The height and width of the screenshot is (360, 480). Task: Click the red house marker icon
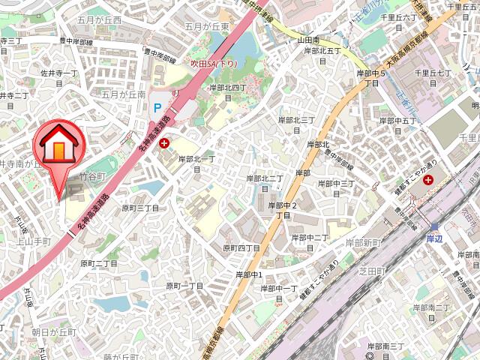click(58, 144)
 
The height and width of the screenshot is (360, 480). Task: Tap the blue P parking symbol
click(157, 108)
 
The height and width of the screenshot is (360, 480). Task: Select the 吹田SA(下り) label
click(213, 64)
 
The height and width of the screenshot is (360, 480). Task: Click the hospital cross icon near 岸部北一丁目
click(164, 142)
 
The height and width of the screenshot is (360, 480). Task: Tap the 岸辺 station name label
click(435, 238)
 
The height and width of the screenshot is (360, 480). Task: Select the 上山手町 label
click(33, 241)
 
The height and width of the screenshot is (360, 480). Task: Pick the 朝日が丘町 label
click(54, 331)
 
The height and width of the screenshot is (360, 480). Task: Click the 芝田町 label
click(372, 269)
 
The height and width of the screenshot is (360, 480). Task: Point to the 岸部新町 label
click(364, 241)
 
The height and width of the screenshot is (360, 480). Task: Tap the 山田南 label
click(308, 39)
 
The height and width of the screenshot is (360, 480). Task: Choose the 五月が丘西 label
click(99, 20)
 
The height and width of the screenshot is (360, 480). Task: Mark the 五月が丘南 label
click(123, 94)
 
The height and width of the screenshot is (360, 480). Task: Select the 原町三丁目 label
click(140, 208)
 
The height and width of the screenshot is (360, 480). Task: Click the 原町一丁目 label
click(184, 286)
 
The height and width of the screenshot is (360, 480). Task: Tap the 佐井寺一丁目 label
click(59, 73)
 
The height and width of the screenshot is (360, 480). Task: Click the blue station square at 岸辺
click(434, 226)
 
